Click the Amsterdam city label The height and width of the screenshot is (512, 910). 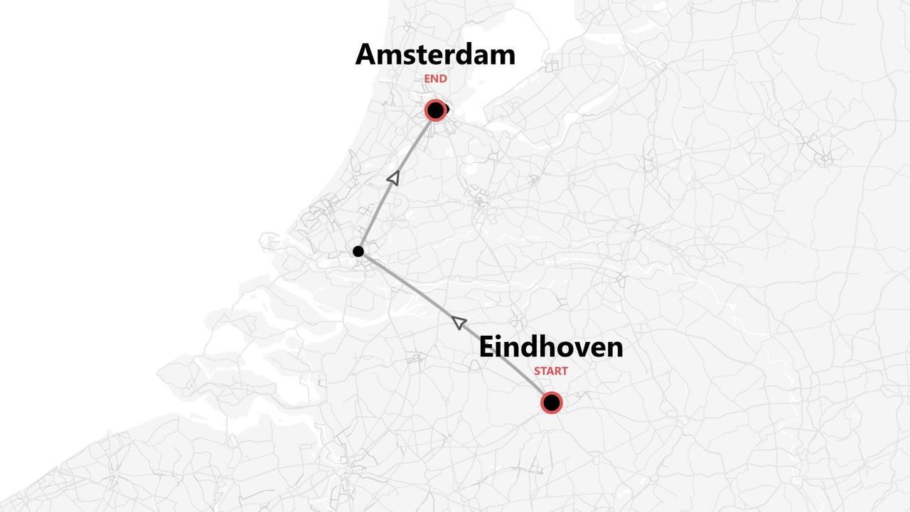click(x=435, y=55)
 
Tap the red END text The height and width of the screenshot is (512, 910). click(x=435, y=79)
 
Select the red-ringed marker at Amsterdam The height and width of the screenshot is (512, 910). click(x=435, y=110)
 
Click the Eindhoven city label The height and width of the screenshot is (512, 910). click(x=551, y=347)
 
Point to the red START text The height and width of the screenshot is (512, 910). click(x=551, y=371)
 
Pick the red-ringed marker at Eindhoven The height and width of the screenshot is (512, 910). click(x=551, y=402)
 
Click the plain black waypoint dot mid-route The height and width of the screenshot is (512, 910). click(x=358, y=251)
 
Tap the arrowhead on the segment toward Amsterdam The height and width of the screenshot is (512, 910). click(x=392, y=178)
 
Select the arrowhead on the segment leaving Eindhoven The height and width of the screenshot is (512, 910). click(x=459, y=323)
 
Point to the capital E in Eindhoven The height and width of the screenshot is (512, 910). click(x=487, y=347)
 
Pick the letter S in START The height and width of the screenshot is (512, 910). click(x=537, y=371)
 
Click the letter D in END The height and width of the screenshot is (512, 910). click(x=443, y=79)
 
